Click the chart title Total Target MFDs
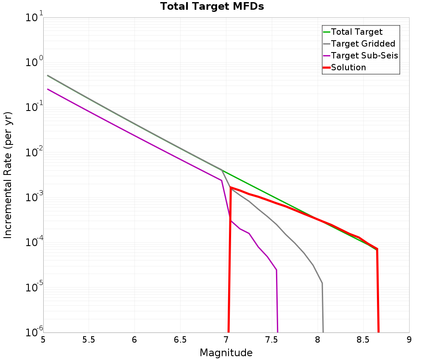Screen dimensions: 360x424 coord(212,7)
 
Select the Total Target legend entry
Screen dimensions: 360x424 coord(357,32)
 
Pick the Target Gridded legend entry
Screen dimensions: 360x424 coord(363,44)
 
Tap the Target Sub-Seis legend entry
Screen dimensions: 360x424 coord(364,55)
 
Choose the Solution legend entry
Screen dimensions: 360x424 coord(348,67)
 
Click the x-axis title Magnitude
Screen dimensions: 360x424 coord(226,353)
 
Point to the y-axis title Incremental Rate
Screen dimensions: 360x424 coord(8,175)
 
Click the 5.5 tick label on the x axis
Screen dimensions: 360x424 coord(89,340)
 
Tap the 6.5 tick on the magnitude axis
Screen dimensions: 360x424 coord(180,340)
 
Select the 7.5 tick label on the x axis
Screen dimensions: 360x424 coord(272,340)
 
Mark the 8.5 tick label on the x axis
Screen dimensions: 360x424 coord(363,340)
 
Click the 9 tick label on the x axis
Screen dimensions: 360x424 coord(409,340)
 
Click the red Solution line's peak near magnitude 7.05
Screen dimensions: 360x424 coord(231,187)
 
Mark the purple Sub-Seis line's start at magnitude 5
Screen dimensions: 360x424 coord(48,89)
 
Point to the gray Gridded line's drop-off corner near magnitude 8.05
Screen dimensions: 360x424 coord(322,283)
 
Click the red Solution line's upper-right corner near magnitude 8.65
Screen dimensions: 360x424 coord(377,249)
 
